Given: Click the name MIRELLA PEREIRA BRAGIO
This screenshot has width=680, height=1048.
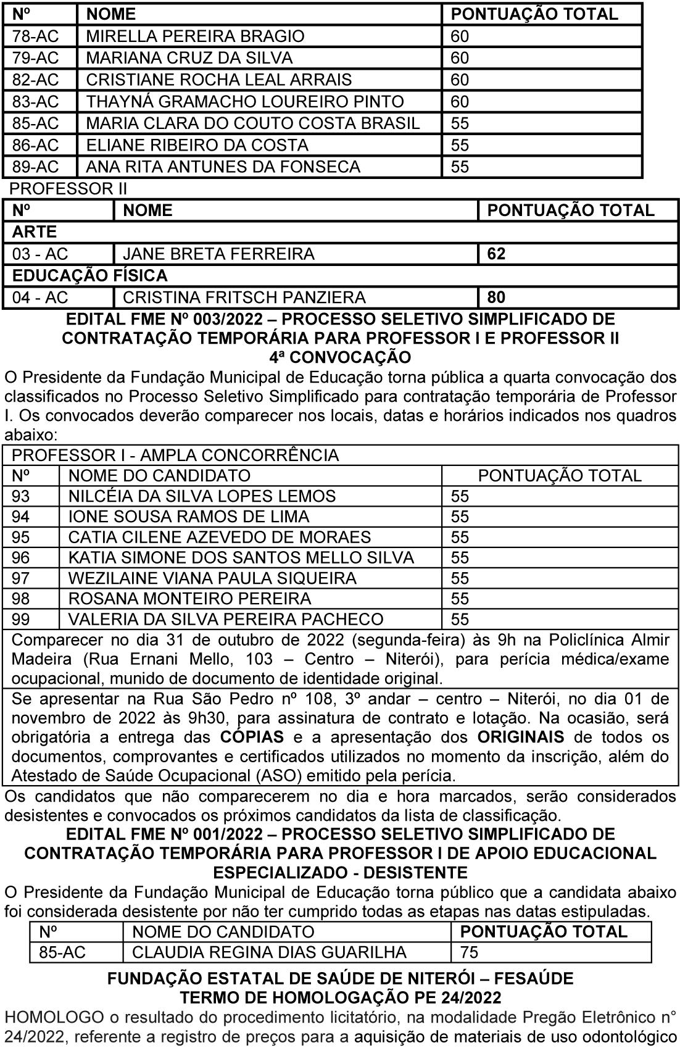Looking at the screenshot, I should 195,36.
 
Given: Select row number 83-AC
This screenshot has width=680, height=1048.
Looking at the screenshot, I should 35,102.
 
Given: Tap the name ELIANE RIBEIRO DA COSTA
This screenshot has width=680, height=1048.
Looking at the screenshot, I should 197,145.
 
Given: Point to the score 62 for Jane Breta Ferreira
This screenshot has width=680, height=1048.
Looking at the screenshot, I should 496,254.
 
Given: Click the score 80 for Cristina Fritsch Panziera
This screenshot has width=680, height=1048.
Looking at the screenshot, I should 496,298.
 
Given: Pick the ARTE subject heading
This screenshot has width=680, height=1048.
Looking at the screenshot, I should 35,232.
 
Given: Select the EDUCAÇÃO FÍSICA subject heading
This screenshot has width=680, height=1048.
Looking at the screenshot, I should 89,276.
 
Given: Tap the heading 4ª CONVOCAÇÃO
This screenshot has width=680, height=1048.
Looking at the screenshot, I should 340,358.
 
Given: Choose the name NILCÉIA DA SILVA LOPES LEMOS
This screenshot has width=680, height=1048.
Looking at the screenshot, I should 202,496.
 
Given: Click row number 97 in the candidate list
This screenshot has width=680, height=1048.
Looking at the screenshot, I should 20,578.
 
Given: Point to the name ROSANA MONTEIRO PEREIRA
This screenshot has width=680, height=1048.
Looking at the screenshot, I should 189,599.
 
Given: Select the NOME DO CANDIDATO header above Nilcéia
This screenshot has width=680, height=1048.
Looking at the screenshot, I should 159,476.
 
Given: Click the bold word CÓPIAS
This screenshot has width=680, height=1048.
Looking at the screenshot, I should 252,738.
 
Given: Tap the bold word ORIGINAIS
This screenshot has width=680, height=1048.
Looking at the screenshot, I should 520,738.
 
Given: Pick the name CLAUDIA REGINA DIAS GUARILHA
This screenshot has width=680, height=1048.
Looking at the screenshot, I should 269,952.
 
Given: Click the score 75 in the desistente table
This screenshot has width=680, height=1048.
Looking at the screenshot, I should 469,952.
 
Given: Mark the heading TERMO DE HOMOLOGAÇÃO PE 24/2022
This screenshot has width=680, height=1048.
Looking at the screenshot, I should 340,997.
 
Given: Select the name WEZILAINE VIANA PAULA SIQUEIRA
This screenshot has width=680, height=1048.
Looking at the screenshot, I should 212,578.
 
